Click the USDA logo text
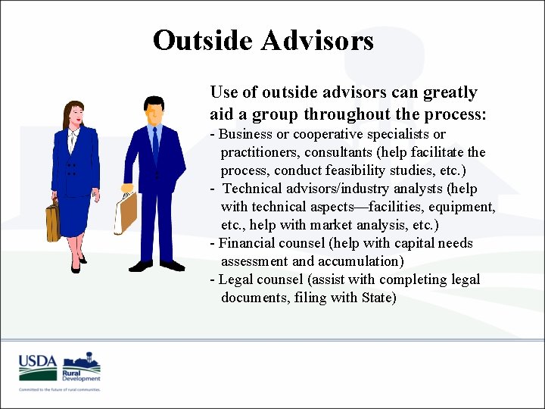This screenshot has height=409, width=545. click(38, 361)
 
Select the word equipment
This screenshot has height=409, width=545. click(462, 207)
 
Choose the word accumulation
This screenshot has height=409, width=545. click(359, 261)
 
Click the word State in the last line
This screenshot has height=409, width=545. click(376, 298)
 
